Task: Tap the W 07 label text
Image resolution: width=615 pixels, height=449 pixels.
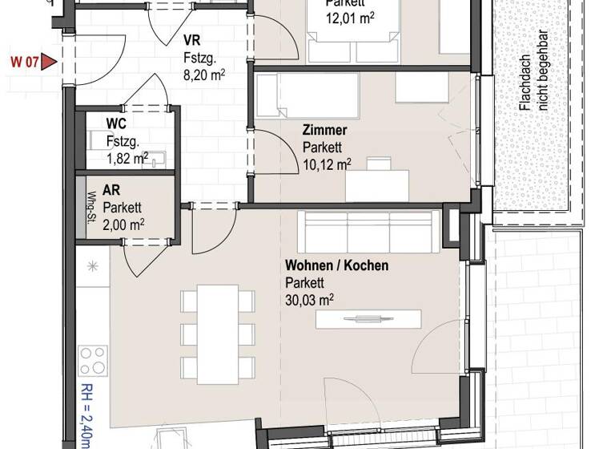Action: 23,61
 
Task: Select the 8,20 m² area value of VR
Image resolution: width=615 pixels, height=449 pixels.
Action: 203,76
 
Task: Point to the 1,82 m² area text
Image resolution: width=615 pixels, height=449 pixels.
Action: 127,157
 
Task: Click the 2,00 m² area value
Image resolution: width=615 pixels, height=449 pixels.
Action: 129,222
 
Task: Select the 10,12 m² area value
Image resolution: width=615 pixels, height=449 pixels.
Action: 327,164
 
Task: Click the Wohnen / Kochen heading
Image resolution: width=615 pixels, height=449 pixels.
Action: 336,265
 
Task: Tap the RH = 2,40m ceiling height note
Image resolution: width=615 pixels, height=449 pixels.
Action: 86,416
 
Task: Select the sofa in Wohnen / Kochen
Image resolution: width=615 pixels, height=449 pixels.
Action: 367,231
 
